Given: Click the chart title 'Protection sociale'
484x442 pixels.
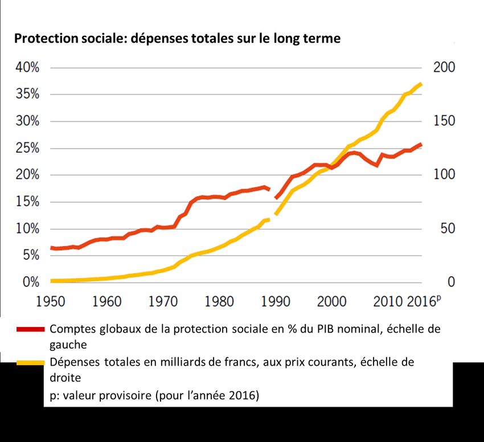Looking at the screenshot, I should pos(177,39).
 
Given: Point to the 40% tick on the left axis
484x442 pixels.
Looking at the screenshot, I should pos(27,68).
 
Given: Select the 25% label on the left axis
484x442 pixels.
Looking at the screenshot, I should pos(27,149).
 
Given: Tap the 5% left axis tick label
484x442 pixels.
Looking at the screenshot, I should pos(30,256).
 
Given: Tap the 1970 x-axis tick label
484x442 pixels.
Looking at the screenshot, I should pos(163,301).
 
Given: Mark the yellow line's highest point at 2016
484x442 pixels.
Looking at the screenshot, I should pos(421,84).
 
